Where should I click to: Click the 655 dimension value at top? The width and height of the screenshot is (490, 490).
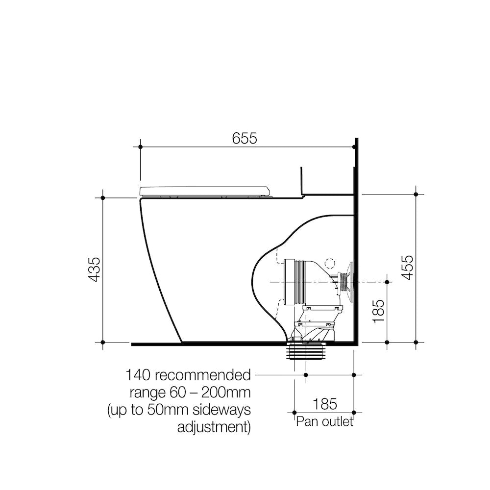244,139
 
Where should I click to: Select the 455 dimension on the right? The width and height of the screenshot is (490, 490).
408,267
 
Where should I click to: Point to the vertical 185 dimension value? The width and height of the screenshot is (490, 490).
379,311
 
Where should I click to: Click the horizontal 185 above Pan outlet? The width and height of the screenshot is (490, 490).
324,404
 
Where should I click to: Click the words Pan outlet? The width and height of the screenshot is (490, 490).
324,422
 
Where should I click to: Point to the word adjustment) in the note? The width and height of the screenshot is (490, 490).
214,426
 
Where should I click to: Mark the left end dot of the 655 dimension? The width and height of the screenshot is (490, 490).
141,147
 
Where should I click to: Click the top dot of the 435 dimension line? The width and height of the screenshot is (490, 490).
103,197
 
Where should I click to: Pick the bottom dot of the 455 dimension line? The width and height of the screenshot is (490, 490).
416,342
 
